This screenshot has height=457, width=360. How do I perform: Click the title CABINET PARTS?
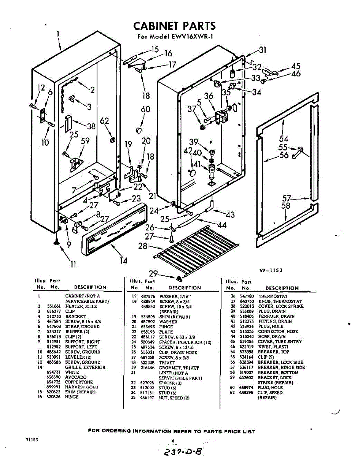pyautogui.click(x=174, y=26)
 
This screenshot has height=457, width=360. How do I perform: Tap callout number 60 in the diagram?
pyautogui.click(x=145, y=110)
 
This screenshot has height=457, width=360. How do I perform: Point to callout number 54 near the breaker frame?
pyautogui.click(x=284, y=139)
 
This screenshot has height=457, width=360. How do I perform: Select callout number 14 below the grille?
pyautogui.click(x=123, y=260)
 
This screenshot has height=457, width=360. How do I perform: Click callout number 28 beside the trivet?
pyautogui.click(x=143, y=246)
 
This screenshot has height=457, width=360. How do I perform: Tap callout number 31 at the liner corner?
pyautogui.click(x=263, y=50)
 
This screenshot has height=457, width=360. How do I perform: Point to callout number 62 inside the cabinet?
pyautogui.click(x=105, y=121)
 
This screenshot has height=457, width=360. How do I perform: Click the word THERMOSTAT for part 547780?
pyautogui.click(x=273, y=296)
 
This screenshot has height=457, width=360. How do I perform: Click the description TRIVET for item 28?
pyautogui.click(x=167, y=363)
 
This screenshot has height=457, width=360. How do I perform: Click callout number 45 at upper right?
pyautogui.click(x=296, y=66)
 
